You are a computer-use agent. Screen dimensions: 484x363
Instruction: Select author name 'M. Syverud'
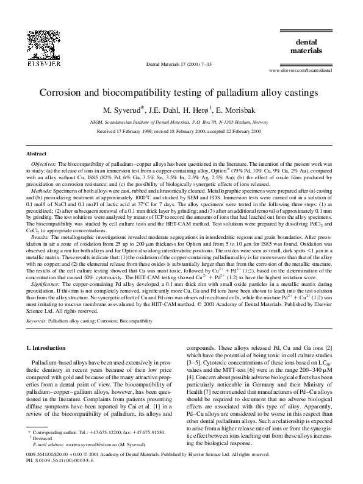pyautogui.click(x=123, y=110)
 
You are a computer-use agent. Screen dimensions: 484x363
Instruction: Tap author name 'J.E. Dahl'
pyautogui.click(x=164, y=110)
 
